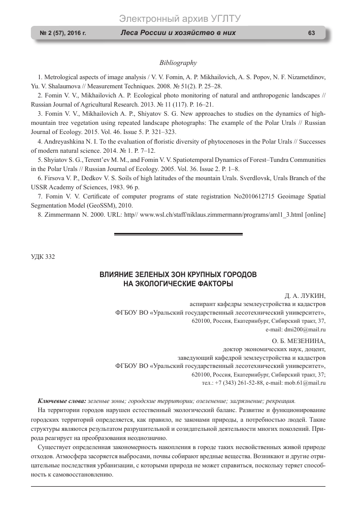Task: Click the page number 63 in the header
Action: pyautogui.click(x=312, y=33)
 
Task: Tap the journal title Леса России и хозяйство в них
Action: pyautogui.click(x=178, y=33)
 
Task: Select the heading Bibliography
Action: pyautogui.click(x=178, y=62)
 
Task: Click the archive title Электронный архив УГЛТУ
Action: pyautogui.click(x=179, y=19)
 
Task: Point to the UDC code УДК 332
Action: pyautogui.click(x=43, y=256)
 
